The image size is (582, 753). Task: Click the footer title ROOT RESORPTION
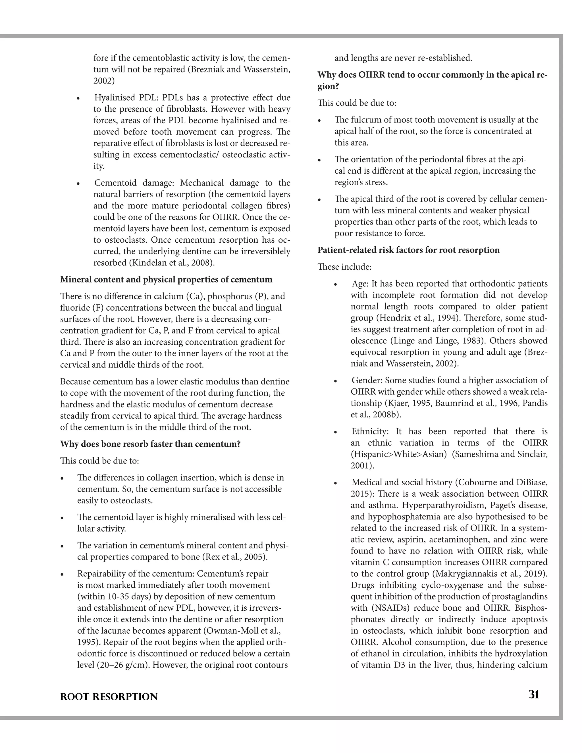click(x=109, y=697)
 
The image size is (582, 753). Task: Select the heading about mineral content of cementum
click(x=166, y=279)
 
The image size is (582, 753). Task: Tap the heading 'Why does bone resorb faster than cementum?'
click(x=150, y=444)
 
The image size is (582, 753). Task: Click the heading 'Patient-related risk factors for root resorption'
click(x=408, y=250)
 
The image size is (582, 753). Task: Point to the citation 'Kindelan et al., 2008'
click(x=171, y=263)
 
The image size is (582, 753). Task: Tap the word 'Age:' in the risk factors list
click(x=360, y=284)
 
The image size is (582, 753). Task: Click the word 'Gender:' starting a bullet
click(x=367, y=380)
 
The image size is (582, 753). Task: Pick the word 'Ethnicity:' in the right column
click(x=370, y=431)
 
